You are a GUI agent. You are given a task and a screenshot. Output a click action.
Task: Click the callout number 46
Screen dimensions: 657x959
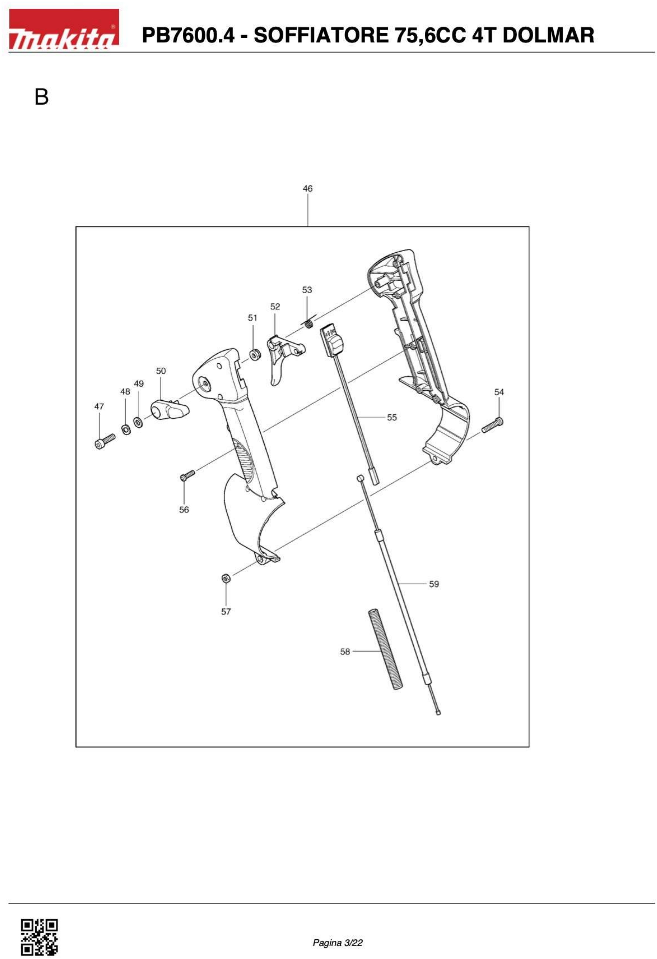(307, 189)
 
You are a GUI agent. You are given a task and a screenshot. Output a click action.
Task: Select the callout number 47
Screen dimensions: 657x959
(99, 407)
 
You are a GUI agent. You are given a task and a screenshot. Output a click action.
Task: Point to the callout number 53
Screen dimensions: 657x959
(307, 290)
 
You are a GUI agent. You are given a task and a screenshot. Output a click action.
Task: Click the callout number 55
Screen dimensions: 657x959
(392, 418)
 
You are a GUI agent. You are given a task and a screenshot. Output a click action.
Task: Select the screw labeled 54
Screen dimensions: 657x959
(493, 425)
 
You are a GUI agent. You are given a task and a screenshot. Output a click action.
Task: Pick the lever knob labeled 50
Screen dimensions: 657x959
(170, 410)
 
